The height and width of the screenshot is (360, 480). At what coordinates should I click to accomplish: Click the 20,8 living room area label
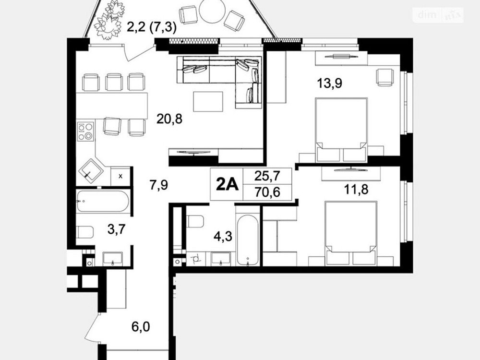coord(169,118)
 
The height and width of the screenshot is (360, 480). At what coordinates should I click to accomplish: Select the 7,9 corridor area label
coord(159,184)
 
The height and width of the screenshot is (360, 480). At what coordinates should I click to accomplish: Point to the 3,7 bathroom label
coord(117,230)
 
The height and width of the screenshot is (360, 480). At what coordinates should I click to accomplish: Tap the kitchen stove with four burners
coord(86,131)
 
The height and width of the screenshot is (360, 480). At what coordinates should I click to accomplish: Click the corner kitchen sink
coord(91,169)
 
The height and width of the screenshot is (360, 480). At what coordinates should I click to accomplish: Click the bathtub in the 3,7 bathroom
coord(103,202)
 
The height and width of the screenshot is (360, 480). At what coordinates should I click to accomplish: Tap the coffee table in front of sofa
coord(208,101)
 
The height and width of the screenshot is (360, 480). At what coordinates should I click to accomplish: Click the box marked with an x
coord(120,176)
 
